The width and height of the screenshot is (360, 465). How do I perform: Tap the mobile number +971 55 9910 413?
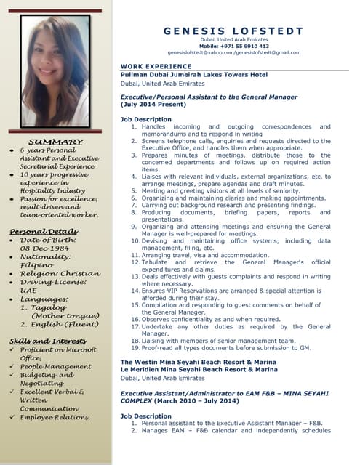(x=233, y=45)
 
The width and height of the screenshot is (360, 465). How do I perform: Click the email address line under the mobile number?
(x=233, y=52)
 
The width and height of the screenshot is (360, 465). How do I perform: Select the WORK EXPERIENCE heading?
(x=151, y=66)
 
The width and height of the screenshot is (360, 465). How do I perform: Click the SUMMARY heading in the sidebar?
(x=55, y=141)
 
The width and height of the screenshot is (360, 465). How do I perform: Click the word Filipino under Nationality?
(x=36, y=266)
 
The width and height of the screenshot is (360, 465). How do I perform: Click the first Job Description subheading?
(x=145, y=118)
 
